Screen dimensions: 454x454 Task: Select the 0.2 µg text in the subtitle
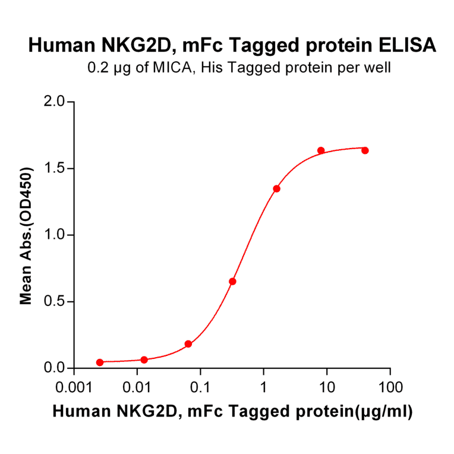[106, 68]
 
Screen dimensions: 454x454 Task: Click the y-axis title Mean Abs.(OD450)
[26, 235]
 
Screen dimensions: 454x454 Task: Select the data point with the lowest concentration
[100, 362]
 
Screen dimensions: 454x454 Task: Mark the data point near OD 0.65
[232, 281]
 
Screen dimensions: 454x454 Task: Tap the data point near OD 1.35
[276, 188]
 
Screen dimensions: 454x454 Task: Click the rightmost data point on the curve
[365, 150]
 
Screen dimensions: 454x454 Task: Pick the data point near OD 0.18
[188, 344]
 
